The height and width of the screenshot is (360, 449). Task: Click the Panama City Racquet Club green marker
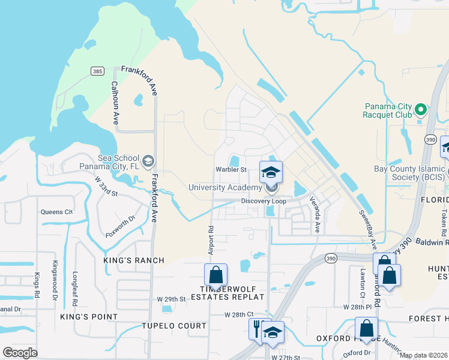pyautogui.click(x=421, y=110)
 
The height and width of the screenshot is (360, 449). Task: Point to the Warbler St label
pyautogui.click(x=232, y=169)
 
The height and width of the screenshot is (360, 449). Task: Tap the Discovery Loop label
pyautogui.click(x=264, y=202)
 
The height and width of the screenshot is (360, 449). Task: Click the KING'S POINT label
pyautogui.click(x=88, y=316)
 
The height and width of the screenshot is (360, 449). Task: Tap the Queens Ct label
pyautogui.click(x=56, y=212)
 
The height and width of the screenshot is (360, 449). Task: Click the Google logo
pyautogui.click(x=20, y=352)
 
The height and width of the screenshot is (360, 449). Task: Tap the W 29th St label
pyautogui.click(x=172, y=299)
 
